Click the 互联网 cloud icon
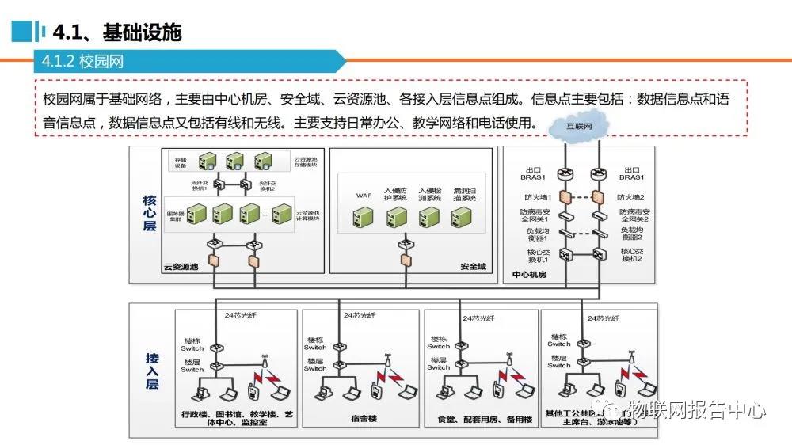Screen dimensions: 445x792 [581, 126]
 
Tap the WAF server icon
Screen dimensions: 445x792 [364, 215]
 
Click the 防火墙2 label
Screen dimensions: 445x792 [630, 196]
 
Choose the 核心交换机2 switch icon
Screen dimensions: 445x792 [599, 254]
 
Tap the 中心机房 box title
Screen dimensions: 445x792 [531, 276]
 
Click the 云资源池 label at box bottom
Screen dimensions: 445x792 [181, 267]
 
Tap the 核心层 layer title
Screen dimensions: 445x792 [150, 214]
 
